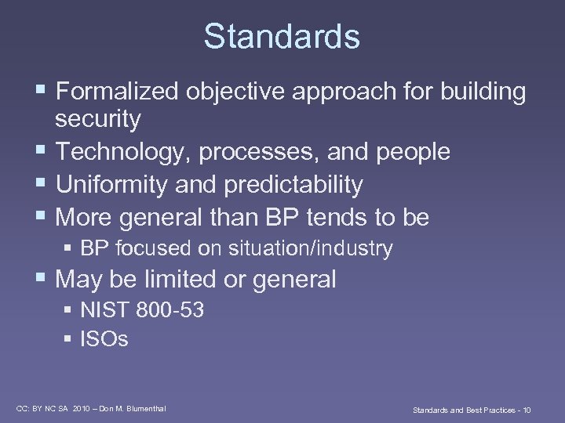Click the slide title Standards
(x=282, y=36)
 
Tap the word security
(x=98, y=119)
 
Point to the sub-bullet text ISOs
(x=104, y=339)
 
